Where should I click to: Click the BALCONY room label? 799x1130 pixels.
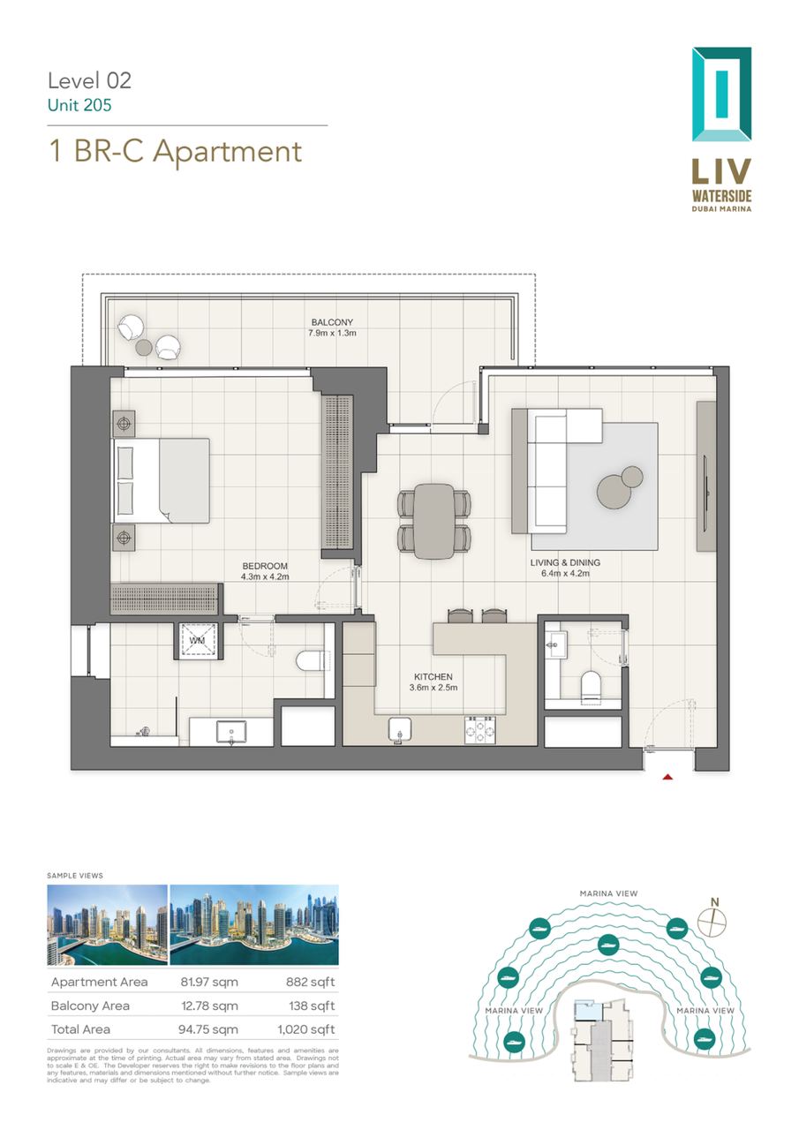[x=332, y=322]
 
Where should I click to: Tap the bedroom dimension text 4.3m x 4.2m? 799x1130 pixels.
[x=265, y=576]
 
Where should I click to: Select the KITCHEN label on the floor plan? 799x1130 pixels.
[x=433, y=676]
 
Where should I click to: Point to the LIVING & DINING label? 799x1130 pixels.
[x=565, y=562]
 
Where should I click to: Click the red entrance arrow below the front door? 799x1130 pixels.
[x=667, y=778]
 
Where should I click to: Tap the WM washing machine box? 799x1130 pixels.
[x=197, y=641]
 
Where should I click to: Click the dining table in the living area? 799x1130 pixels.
[x=433, y=521]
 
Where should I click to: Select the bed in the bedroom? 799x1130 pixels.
[x=161, y=480]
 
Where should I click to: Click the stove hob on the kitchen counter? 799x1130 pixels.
[x=479, y=730]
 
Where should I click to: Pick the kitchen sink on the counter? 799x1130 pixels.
[x=400, y=730]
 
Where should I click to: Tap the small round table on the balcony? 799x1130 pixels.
[x=144, y=347]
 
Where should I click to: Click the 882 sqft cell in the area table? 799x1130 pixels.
[x=310, y=982]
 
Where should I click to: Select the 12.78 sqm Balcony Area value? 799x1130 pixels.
[x=209, y=1006]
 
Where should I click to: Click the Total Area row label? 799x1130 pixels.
[x=80, y=1029]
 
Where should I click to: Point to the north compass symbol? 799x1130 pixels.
[x=712, y=920]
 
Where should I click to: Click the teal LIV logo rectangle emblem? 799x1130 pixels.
[x=721, y=94]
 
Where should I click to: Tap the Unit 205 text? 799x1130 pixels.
[x=79, y=105]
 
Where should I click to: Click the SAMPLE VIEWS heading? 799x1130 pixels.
[x=75, y=875]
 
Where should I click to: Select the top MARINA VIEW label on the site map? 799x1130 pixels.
[x=608, y=893]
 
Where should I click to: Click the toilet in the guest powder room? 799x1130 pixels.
[x=592, y=686]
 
